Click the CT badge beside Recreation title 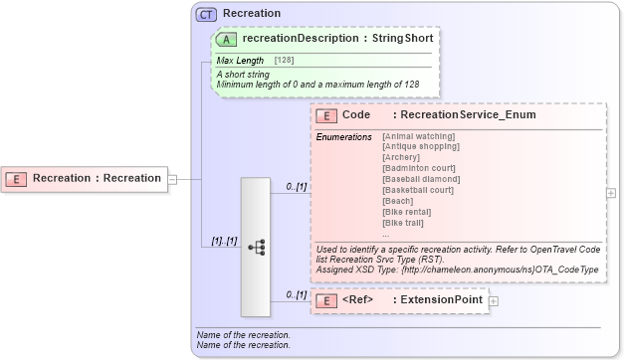(207, 14)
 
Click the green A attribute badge (225, 39)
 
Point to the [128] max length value (285, 61)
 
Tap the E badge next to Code (325, 115)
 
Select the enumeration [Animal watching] (418, 136)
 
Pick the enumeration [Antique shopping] (420, 146)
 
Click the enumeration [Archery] (402, 157)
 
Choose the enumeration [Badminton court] (419, 168)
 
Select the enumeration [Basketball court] (418, 190)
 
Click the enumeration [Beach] (398, 201)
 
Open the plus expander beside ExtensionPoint (494, 300)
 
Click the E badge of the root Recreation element (17, 179)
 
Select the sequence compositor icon (256, 247)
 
